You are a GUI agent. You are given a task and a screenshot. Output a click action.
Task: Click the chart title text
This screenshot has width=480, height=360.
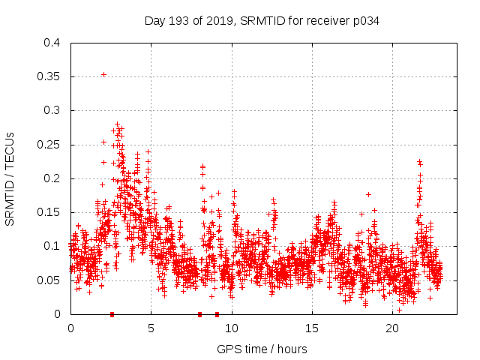coord(262,20)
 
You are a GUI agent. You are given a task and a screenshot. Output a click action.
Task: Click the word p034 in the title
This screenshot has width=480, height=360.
coord(366,20)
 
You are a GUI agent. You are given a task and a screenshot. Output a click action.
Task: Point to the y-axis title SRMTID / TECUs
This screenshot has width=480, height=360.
coord(10,179)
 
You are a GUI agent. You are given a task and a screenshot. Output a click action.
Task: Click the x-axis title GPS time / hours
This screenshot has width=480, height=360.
coord(262,349)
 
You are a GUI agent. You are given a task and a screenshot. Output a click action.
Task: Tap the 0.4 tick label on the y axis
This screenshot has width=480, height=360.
coord(51,43)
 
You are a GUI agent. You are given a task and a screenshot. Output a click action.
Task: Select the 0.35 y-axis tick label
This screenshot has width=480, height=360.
coord(48,76)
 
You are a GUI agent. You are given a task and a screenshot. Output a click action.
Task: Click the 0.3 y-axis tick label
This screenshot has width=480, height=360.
coord(51,110)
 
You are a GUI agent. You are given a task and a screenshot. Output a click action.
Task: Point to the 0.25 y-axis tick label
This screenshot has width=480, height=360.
coord(48,144)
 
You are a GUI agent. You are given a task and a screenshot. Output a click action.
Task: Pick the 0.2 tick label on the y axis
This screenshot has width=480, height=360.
coord(51,178)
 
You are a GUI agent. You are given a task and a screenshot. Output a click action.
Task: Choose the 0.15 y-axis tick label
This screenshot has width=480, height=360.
coord(48,212)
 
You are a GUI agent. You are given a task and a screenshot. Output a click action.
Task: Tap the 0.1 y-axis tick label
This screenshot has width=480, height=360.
coord(51,246)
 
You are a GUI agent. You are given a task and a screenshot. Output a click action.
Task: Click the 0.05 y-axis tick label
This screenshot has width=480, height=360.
coord(48,280)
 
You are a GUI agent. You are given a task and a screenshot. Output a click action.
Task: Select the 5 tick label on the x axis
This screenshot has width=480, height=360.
coord(151,328)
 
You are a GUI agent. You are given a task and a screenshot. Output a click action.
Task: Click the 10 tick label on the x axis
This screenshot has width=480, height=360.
coord(232,328)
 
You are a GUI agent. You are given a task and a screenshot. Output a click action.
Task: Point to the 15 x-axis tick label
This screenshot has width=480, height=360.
coord(312,328)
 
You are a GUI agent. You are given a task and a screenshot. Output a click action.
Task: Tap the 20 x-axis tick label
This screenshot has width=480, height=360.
coord(392,328)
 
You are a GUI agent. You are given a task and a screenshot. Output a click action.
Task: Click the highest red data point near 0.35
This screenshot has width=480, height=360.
coord(103,74)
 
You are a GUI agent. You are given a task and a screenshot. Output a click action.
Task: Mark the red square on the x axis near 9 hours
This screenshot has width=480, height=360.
coord(217,314)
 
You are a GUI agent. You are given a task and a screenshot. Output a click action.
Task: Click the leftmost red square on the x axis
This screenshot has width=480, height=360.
coord(112,314)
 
